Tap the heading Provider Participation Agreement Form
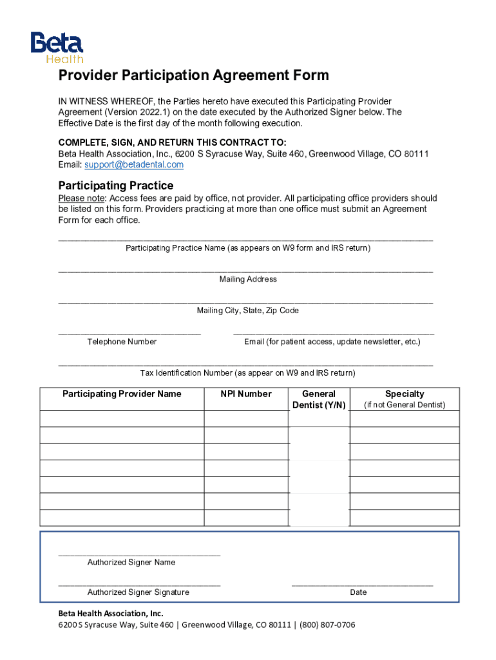click(194, 76)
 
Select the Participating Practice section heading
click(116, 186)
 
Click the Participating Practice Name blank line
click(245, 239)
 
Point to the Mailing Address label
click(248, 280)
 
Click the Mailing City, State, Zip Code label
click(248, 311)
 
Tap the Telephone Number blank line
click(129, 333)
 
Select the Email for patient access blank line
click(333, 333)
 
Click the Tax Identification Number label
click(248, 373)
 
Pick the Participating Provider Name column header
click(122, 394)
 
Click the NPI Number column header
click(246, 394)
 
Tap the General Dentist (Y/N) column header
click(319, 399)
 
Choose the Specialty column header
click(405, 394)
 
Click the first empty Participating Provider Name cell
click(122, 419)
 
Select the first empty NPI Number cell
click(246, 419)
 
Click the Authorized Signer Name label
click(131, 563)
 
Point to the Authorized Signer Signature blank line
click(139, 584)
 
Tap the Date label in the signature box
click(359, 592)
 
